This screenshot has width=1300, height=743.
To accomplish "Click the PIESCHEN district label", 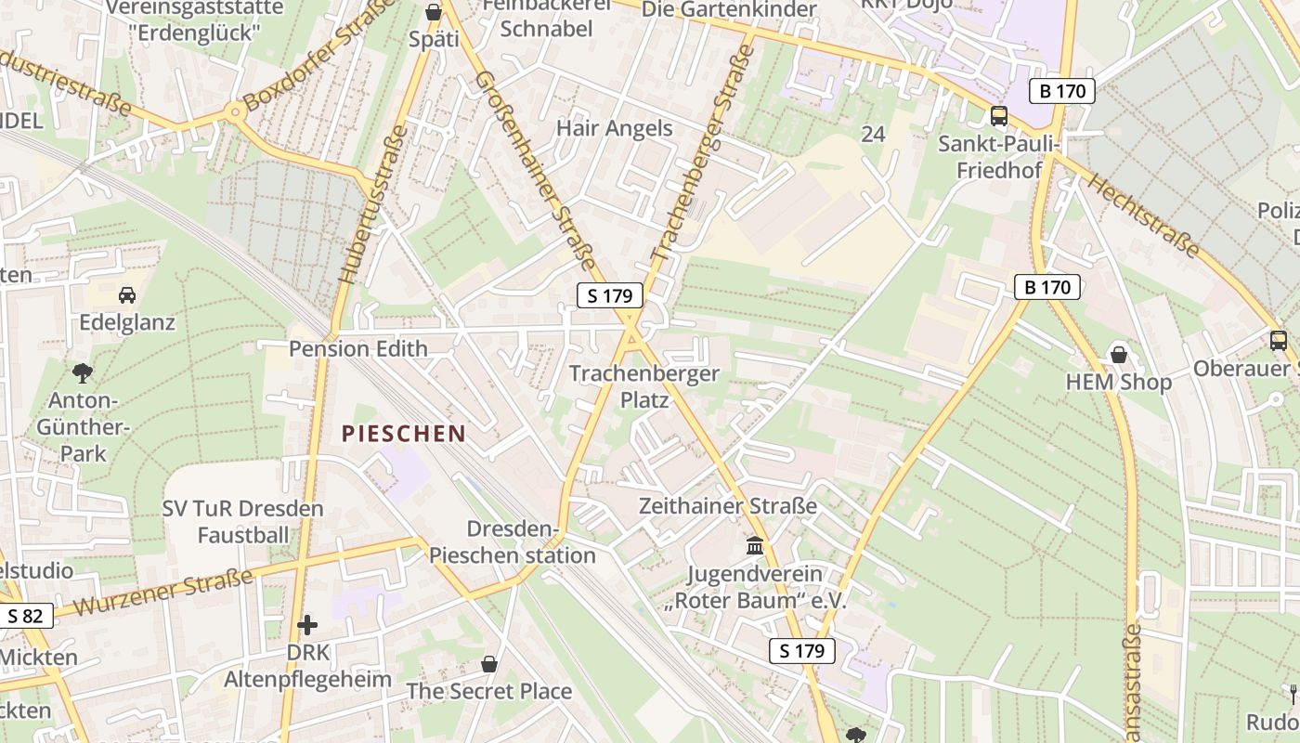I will [x=403, y=433].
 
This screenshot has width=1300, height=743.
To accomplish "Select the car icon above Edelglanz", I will [x=127, y=295].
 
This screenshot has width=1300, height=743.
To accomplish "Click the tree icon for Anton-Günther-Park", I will [x=82, y=373].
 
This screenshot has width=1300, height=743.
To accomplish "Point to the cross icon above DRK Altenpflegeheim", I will [x=307, y=624].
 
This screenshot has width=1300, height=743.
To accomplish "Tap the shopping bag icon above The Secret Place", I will [x=489, y=664].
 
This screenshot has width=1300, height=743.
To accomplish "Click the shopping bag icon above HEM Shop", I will [x=1119, y=354].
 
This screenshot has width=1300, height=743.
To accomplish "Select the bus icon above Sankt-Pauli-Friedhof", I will [x=999, y=116].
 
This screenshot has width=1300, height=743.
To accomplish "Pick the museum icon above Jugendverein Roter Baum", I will [x=755, y=545].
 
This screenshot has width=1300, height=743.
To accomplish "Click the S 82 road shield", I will [x=26, y=616].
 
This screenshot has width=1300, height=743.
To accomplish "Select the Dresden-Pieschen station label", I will [x=512, y=542].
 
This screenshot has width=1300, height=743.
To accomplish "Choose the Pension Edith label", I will [x=358, y=348].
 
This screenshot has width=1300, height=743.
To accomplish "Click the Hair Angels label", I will [x=614, y=128].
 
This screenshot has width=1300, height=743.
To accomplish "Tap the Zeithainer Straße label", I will [x=728, y=506].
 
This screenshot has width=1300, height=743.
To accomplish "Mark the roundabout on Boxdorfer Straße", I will [x=233, y=113].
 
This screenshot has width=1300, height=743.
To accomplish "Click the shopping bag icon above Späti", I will [x=434, y=12].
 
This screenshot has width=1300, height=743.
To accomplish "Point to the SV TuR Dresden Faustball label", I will [x=242, y=522].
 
